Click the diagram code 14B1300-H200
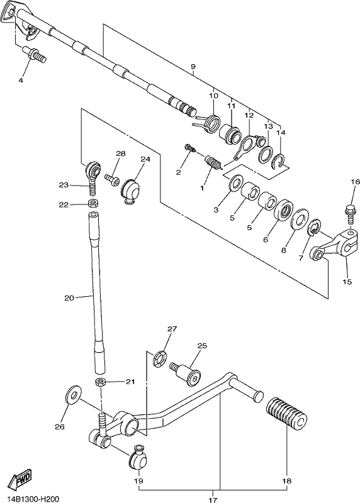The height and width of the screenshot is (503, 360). (29, 499)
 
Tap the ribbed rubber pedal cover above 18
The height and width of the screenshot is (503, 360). (287, 413)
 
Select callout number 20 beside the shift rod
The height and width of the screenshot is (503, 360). (69, 297)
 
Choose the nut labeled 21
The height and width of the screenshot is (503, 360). (101, 382)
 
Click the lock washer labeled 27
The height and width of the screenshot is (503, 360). (160, 360)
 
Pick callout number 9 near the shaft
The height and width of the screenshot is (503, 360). (193, 67)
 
